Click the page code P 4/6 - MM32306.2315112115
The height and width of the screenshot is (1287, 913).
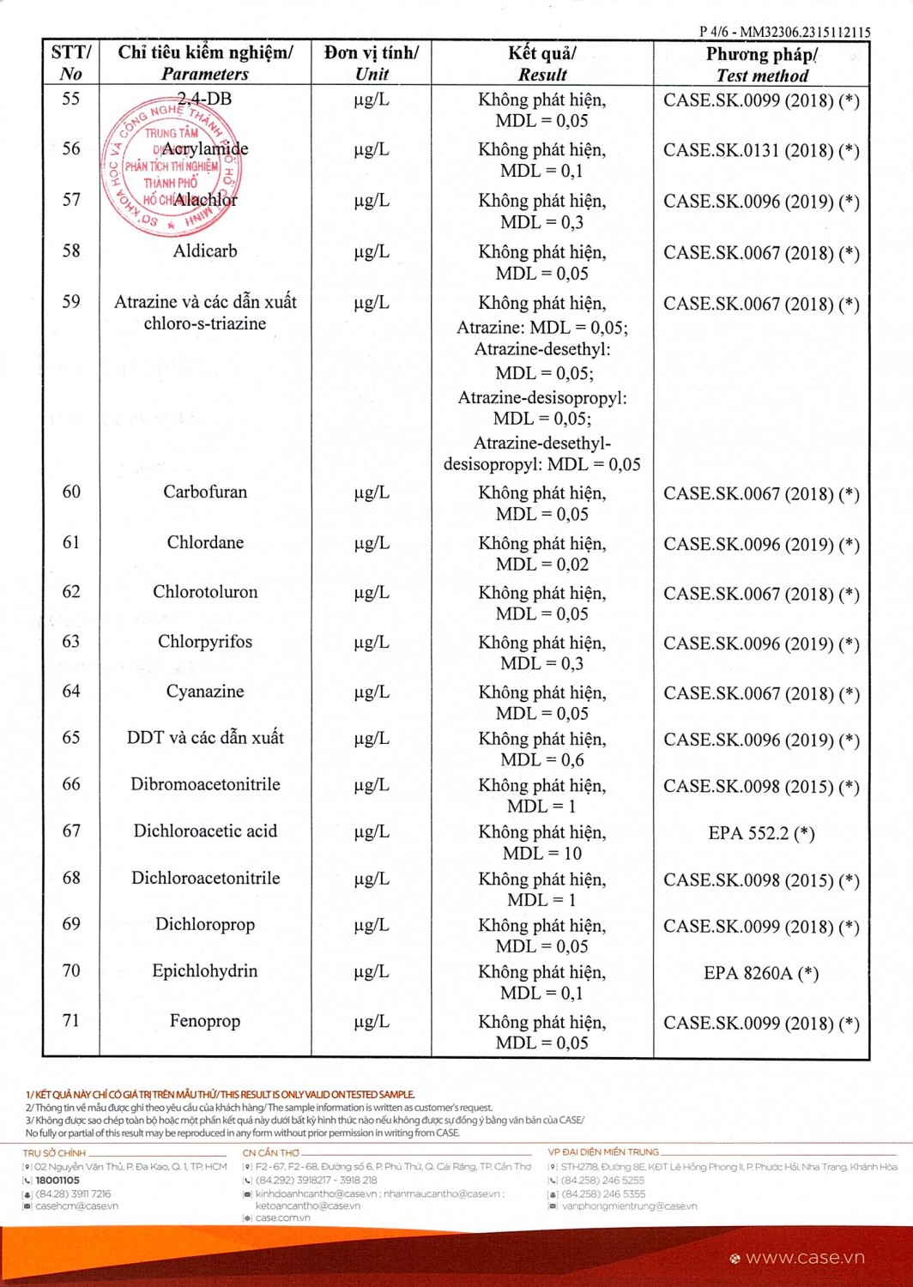784,32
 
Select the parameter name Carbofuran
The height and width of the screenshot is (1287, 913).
205,492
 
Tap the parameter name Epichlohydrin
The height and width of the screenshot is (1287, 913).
205,970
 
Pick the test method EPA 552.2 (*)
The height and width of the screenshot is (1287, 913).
761,832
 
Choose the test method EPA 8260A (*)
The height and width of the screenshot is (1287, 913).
761,972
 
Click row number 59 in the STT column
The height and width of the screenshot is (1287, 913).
71,302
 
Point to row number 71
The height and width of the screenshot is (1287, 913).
71,1020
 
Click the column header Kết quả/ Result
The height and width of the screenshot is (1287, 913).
542,63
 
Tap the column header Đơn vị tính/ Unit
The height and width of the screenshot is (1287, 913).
372,63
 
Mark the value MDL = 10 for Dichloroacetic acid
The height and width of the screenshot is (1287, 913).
542,853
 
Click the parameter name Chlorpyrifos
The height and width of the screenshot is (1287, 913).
205,642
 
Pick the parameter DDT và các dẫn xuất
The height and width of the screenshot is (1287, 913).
205,738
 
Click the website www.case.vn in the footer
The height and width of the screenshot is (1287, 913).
805,1258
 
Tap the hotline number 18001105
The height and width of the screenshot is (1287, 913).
57,1180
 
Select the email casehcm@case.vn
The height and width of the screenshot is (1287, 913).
76,1205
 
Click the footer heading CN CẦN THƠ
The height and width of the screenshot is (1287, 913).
271,1152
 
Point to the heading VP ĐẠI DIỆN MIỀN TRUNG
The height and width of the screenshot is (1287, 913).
604,1151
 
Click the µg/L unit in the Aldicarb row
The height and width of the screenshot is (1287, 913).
372,251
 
